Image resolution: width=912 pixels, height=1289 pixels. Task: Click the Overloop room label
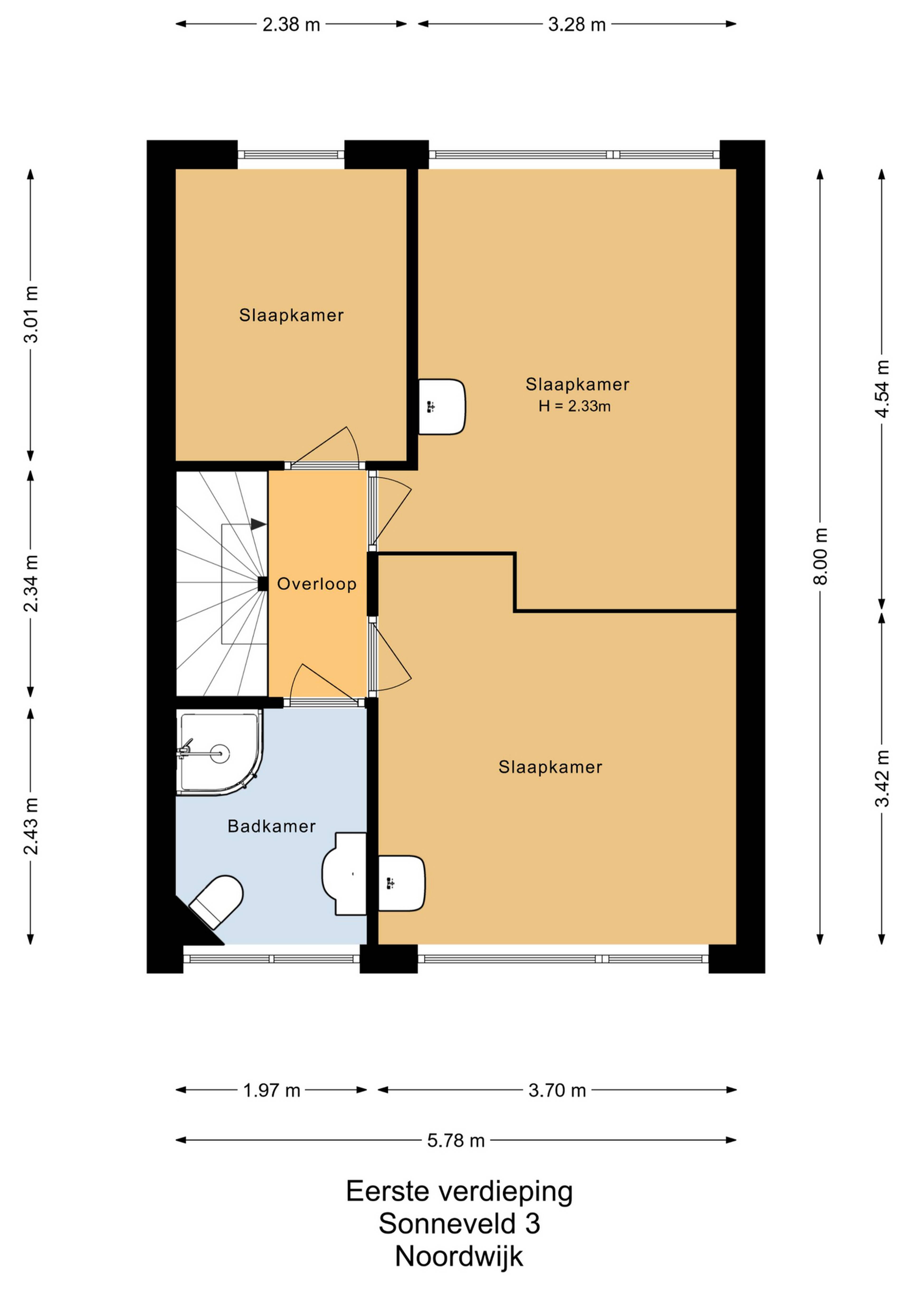pos(317,584)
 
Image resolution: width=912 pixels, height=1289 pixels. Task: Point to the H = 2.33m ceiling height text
pos(575,406)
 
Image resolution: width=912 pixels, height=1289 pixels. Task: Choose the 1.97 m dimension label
pos(272,1090)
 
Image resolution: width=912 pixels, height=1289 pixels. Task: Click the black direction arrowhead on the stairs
pos(258,524)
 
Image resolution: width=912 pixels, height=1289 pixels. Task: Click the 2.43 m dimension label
pos(31,825)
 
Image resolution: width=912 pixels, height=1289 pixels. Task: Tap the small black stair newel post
pos(262,584)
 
